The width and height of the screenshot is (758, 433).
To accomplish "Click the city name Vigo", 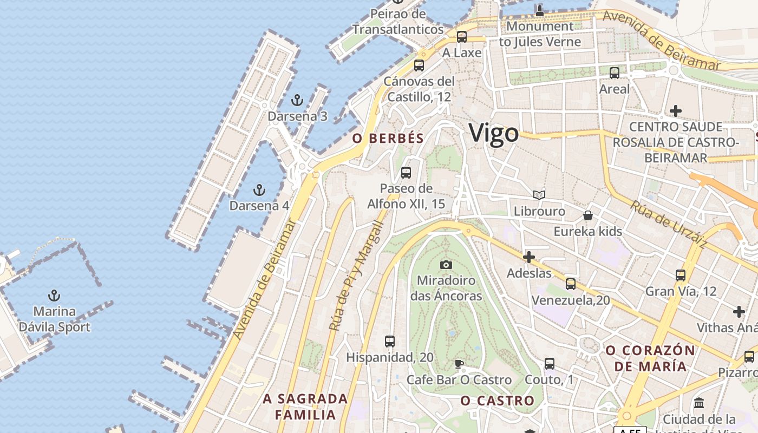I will click(493, 133).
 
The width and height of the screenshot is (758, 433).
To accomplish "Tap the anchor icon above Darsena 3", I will click(296, 100).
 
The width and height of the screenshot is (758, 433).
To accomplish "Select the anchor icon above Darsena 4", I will click(259, 190).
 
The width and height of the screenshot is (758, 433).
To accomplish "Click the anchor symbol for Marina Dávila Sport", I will click(54, 296).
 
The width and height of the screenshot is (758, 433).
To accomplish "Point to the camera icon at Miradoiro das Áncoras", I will click(446, 265).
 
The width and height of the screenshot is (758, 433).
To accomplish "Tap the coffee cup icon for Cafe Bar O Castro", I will click(459, 364).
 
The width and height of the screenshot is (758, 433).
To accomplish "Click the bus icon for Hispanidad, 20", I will click(389, 342).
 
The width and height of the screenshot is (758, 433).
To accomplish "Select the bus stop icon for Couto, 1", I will click(550, 364).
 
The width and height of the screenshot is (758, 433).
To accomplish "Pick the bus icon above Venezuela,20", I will click(570, 284).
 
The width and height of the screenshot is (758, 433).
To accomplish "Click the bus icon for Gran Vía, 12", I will click(681, 275).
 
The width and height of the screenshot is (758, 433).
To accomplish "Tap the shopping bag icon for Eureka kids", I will click(587, 215).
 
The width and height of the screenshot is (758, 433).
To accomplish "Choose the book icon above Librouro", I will click(539, 195).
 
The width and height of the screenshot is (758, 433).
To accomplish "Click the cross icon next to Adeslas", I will click(529, 257).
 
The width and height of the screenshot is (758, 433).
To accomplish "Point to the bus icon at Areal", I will click(614, 73).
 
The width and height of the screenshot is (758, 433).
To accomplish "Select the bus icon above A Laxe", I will click(461, 37).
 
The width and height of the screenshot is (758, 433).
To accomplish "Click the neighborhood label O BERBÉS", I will click(388, 139).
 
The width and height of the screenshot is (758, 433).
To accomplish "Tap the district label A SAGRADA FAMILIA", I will click(305, 407).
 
